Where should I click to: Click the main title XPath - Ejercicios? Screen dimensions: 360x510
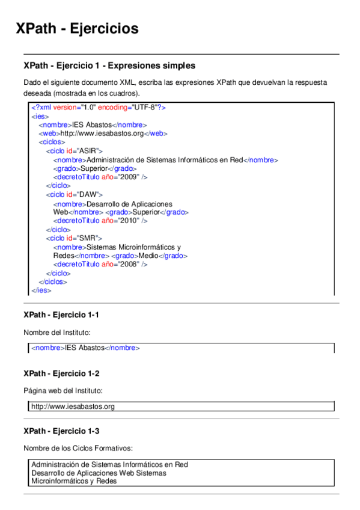click(x=77, y=28)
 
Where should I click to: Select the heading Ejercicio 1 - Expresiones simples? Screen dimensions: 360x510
click(x=109, y=65)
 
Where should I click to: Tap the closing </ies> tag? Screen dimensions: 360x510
click(x=41, y=290)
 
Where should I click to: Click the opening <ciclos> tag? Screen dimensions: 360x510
click(x=49, y=142)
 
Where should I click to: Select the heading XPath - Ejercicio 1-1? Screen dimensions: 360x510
click(x=61, y=315)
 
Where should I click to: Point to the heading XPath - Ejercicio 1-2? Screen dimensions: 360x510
click(x=61, y=373)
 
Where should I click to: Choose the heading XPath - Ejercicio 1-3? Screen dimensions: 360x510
click(x=61, y=431)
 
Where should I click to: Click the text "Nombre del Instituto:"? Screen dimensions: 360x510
click(x=56, y=332)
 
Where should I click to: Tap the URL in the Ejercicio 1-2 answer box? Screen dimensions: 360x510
click(x=73, y=407)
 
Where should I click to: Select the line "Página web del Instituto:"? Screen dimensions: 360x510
click(x=63, y=390)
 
